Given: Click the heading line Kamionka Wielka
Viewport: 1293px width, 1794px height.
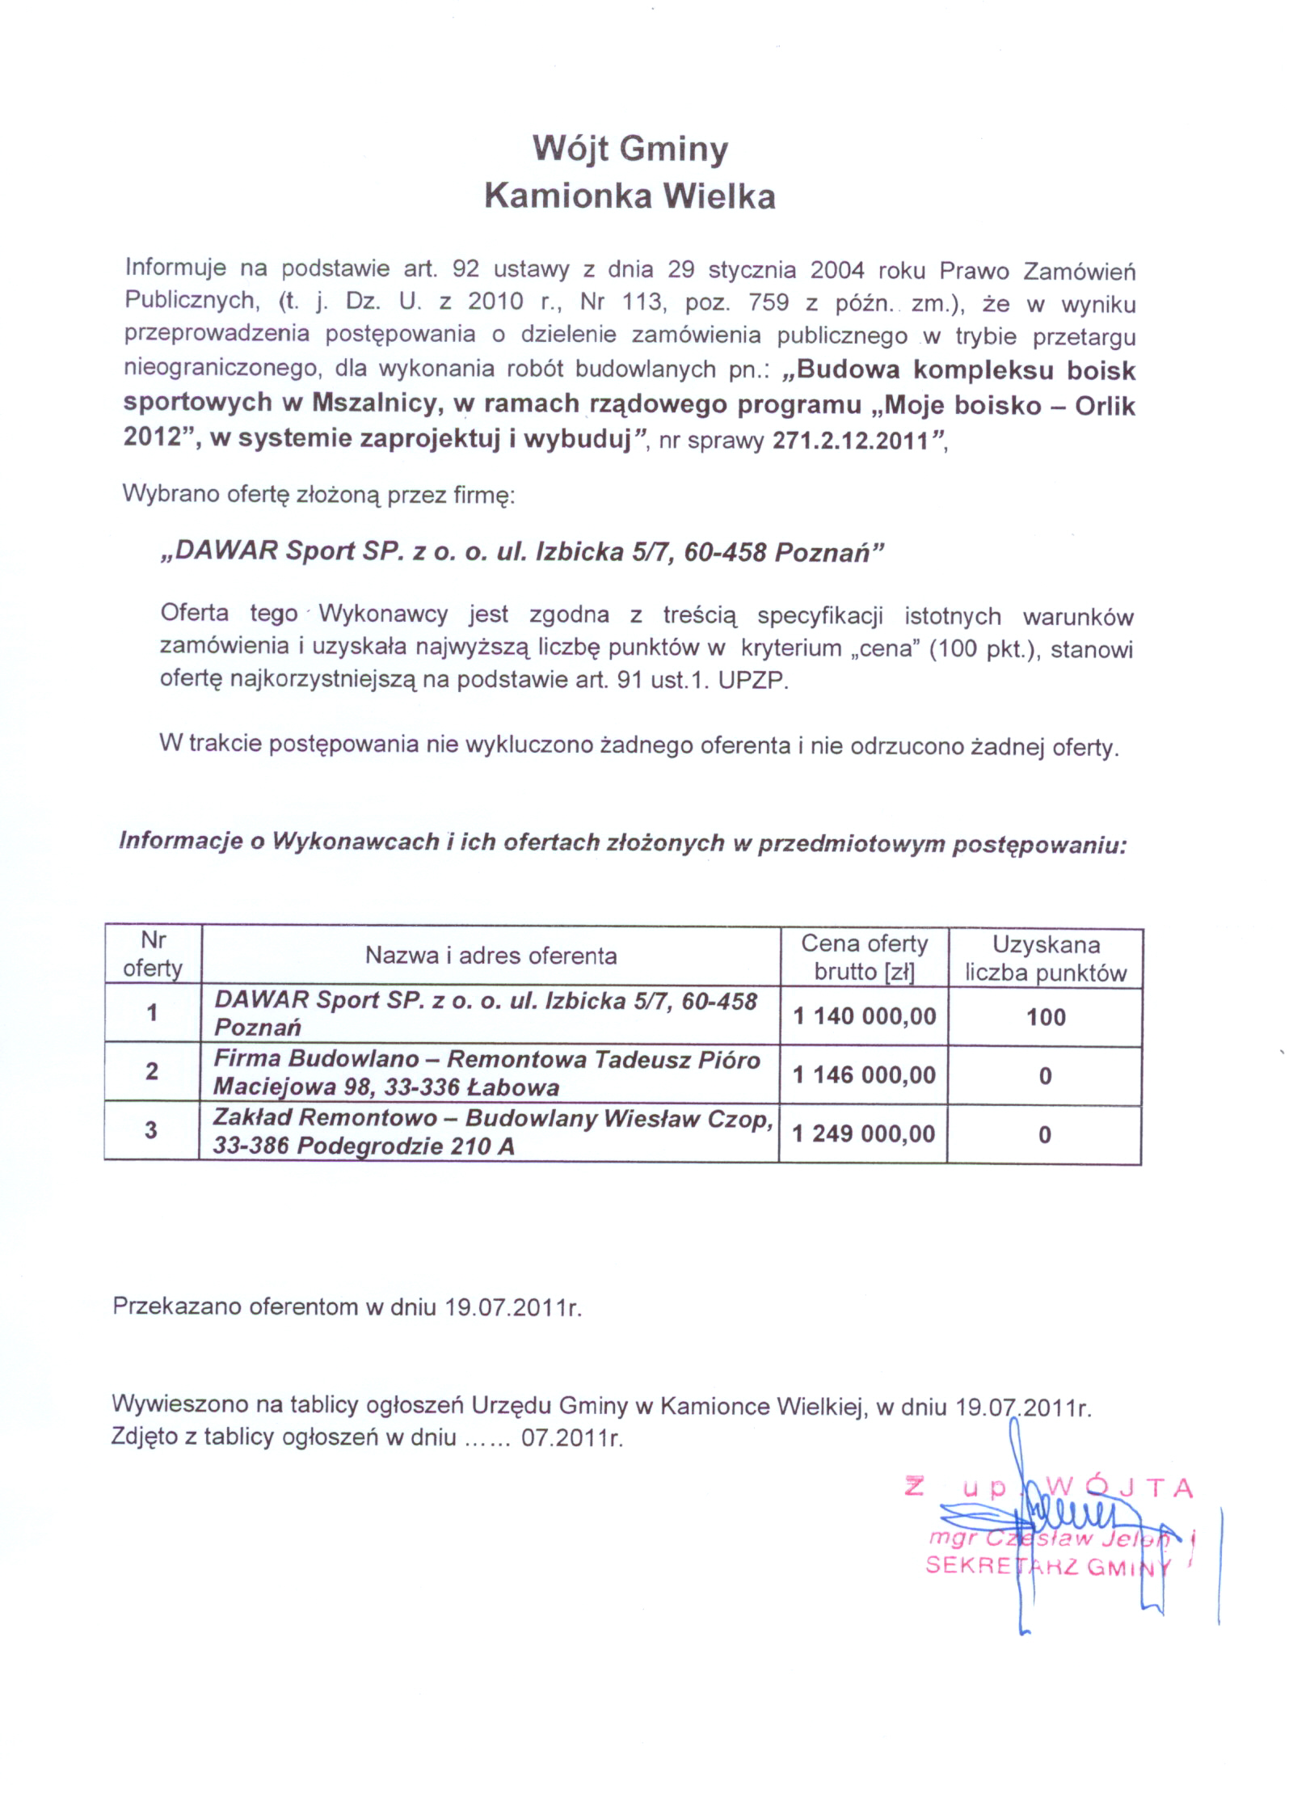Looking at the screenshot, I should (630, 196).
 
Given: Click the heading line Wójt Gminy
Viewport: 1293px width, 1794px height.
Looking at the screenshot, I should (630, 149).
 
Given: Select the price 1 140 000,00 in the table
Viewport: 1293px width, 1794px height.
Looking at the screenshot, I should (864, 1015).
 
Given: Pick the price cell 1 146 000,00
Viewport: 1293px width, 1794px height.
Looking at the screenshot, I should (864, 1074).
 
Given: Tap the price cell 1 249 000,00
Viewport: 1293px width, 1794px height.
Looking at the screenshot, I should (863, 1133).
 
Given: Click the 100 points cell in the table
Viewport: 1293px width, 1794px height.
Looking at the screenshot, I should (1046, 1017).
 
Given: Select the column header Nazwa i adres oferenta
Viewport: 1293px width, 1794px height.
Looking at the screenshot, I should (491, 956).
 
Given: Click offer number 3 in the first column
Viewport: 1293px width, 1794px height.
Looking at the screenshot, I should (151, 1130).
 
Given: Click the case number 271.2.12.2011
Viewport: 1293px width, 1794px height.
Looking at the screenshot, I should (851, 441).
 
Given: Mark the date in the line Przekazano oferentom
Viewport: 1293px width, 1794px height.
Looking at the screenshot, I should (513, 1307).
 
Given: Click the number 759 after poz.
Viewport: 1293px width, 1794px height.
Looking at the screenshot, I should (769, 302).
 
